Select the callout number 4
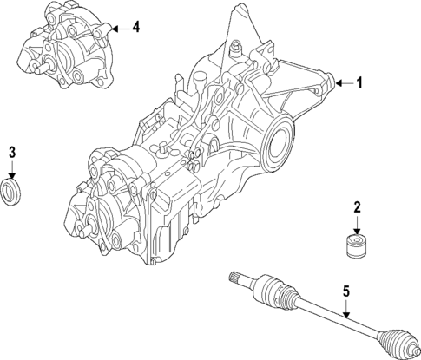point(135,28)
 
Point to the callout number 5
point(346,292)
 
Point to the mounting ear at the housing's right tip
point(326,82)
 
